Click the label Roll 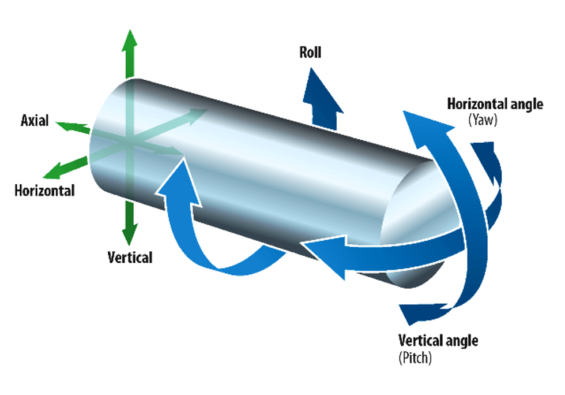[x=310, y=53]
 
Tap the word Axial [x=35, y=121]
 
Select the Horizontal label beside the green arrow [x=44, y=190]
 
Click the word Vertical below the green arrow [x=130, y=257]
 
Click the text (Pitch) [x=415, y=357]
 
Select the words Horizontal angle [x=495, y=105]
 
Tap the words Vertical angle [x=438, y=340]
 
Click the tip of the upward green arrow [x=130, y=33]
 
